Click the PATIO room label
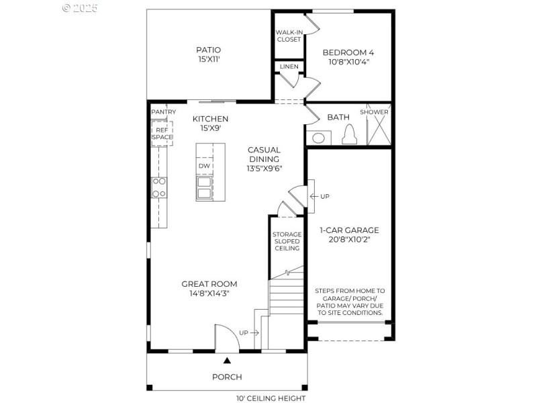pos(208,50)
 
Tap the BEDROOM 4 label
pos(349,52)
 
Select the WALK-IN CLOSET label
pos(289,36)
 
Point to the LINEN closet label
pos(289,66)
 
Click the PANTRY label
pos(164,111)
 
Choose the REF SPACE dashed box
pos(162,132)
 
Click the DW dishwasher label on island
pos(204,166)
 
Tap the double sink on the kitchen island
pos(204,185)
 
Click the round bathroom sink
pos(319,138)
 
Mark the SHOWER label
pos(374,111)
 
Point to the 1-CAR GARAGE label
pos(349,230)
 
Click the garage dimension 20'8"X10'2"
pos(349,239)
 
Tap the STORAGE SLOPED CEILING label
pos(287,241)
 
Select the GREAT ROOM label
pos(209,284)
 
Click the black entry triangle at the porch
pos(226,361)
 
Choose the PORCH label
pos(227,377)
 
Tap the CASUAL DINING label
pos(264,154)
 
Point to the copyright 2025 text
pos(80,8)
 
